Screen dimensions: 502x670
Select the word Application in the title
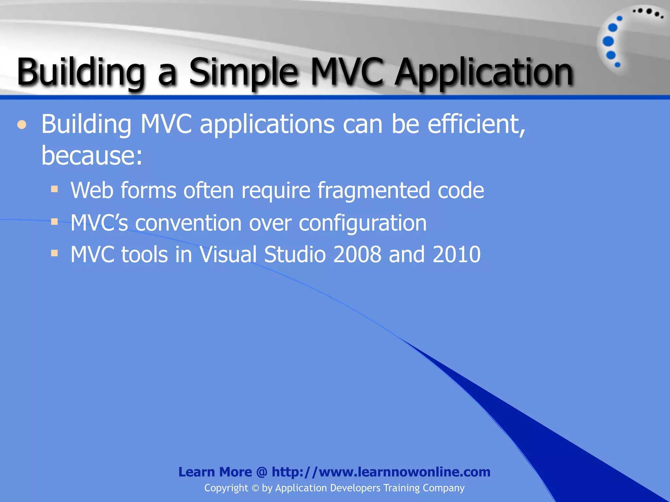483,73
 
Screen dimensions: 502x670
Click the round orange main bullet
22,125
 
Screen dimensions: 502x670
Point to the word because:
92,156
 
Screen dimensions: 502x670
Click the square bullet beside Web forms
55,189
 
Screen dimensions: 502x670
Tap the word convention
188,223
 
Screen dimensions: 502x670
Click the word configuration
363,223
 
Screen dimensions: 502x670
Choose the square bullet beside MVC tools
55,253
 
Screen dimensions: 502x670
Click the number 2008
357,255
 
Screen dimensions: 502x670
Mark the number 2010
456,255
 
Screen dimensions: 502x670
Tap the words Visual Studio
263,255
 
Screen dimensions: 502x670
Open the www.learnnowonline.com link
404,472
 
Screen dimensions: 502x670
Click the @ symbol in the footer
262,472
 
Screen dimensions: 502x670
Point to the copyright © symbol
255,488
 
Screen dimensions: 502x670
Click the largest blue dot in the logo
608,42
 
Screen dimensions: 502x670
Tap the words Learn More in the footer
215,472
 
